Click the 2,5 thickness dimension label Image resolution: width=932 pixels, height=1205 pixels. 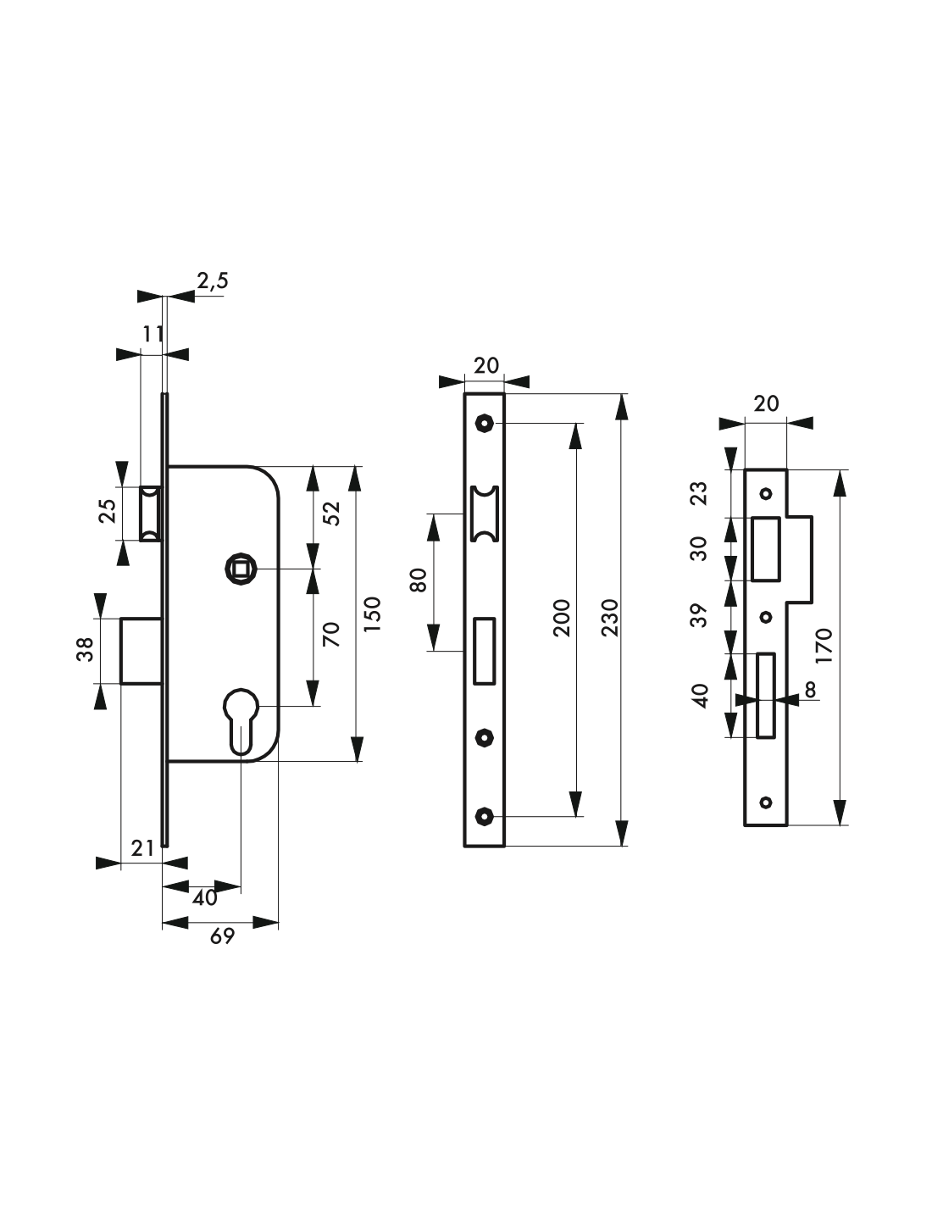coord(213,281)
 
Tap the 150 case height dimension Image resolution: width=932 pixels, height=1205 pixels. coord(372,614)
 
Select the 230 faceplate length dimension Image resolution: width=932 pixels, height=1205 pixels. coord(609,618)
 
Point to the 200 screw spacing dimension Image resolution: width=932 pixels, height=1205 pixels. coord(562,618)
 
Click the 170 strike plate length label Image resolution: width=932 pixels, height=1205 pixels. coord(824,646)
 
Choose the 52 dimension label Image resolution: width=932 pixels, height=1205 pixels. coord(331,513)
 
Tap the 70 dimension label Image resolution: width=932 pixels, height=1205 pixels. coord(331,634)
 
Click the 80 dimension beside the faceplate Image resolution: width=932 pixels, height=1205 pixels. coord(419,580)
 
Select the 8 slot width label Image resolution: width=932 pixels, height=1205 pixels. coord(810,690)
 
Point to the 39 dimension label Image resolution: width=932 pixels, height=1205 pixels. coord(700,615)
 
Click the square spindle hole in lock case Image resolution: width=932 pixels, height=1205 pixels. coord(240,569)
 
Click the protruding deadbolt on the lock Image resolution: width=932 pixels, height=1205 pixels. coord(142,651)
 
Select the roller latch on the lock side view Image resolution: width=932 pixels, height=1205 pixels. coord(150,514)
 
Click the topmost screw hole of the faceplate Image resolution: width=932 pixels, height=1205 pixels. coord(485,424)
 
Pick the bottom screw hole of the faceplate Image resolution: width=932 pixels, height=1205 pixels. coord(485,816)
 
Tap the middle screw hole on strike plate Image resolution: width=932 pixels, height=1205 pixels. coord(766,617)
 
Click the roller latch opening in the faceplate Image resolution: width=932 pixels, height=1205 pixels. coord(485,513)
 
